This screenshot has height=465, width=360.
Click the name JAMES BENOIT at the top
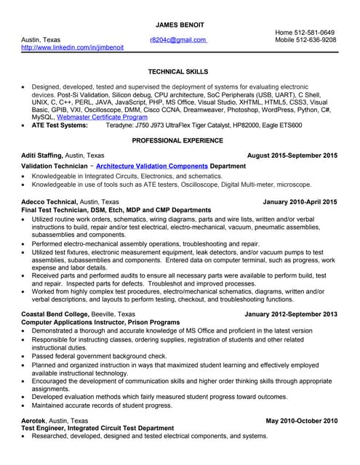pos(180,24)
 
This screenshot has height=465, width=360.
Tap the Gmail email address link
pos(177,40)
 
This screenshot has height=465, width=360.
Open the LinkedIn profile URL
pos(72,48)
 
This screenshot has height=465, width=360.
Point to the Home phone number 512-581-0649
pos(305,33)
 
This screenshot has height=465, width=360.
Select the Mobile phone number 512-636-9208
pos(305,40)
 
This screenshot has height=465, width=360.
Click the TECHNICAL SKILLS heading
pos(177,72)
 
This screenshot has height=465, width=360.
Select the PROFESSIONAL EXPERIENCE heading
pos(177,139)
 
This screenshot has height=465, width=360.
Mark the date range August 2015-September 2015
pos(292,155)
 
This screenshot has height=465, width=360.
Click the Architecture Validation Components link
pos(151,166)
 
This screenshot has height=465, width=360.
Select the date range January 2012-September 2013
pos(291,314)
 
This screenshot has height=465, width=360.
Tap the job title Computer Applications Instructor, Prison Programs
pos(99,322)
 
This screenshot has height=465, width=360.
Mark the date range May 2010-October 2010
pos(301,421)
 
